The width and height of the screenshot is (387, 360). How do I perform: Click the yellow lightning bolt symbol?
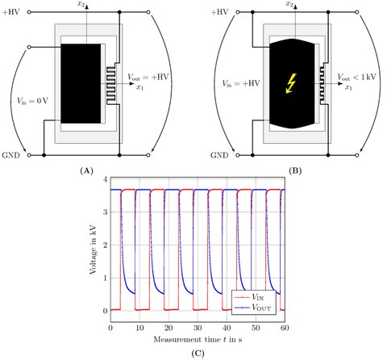point(291,83)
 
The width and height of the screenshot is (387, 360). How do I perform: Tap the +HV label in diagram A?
point(10,12)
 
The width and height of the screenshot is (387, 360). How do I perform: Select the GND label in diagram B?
point(219,155)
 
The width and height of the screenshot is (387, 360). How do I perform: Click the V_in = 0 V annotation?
point(32,101)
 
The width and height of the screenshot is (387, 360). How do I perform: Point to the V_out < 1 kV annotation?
point(356,77)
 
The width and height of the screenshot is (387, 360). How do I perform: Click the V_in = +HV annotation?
point(240,83)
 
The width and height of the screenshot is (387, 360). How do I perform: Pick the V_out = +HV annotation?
point(148,77)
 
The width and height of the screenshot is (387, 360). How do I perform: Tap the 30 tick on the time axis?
point(198,328)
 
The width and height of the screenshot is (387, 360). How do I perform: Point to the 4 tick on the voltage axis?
point(106,179)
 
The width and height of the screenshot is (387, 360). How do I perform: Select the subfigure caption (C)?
point(198,354)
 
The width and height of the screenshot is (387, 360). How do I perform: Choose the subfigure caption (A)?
point(86,171)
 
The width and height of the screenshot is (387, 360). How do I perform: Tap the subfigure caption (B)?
point(295,171)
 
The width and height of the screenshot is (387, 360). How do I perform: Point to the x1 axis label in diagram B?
point(348,87)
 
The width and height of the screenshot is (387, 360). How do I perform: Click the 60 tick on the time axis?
point(285,328)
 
